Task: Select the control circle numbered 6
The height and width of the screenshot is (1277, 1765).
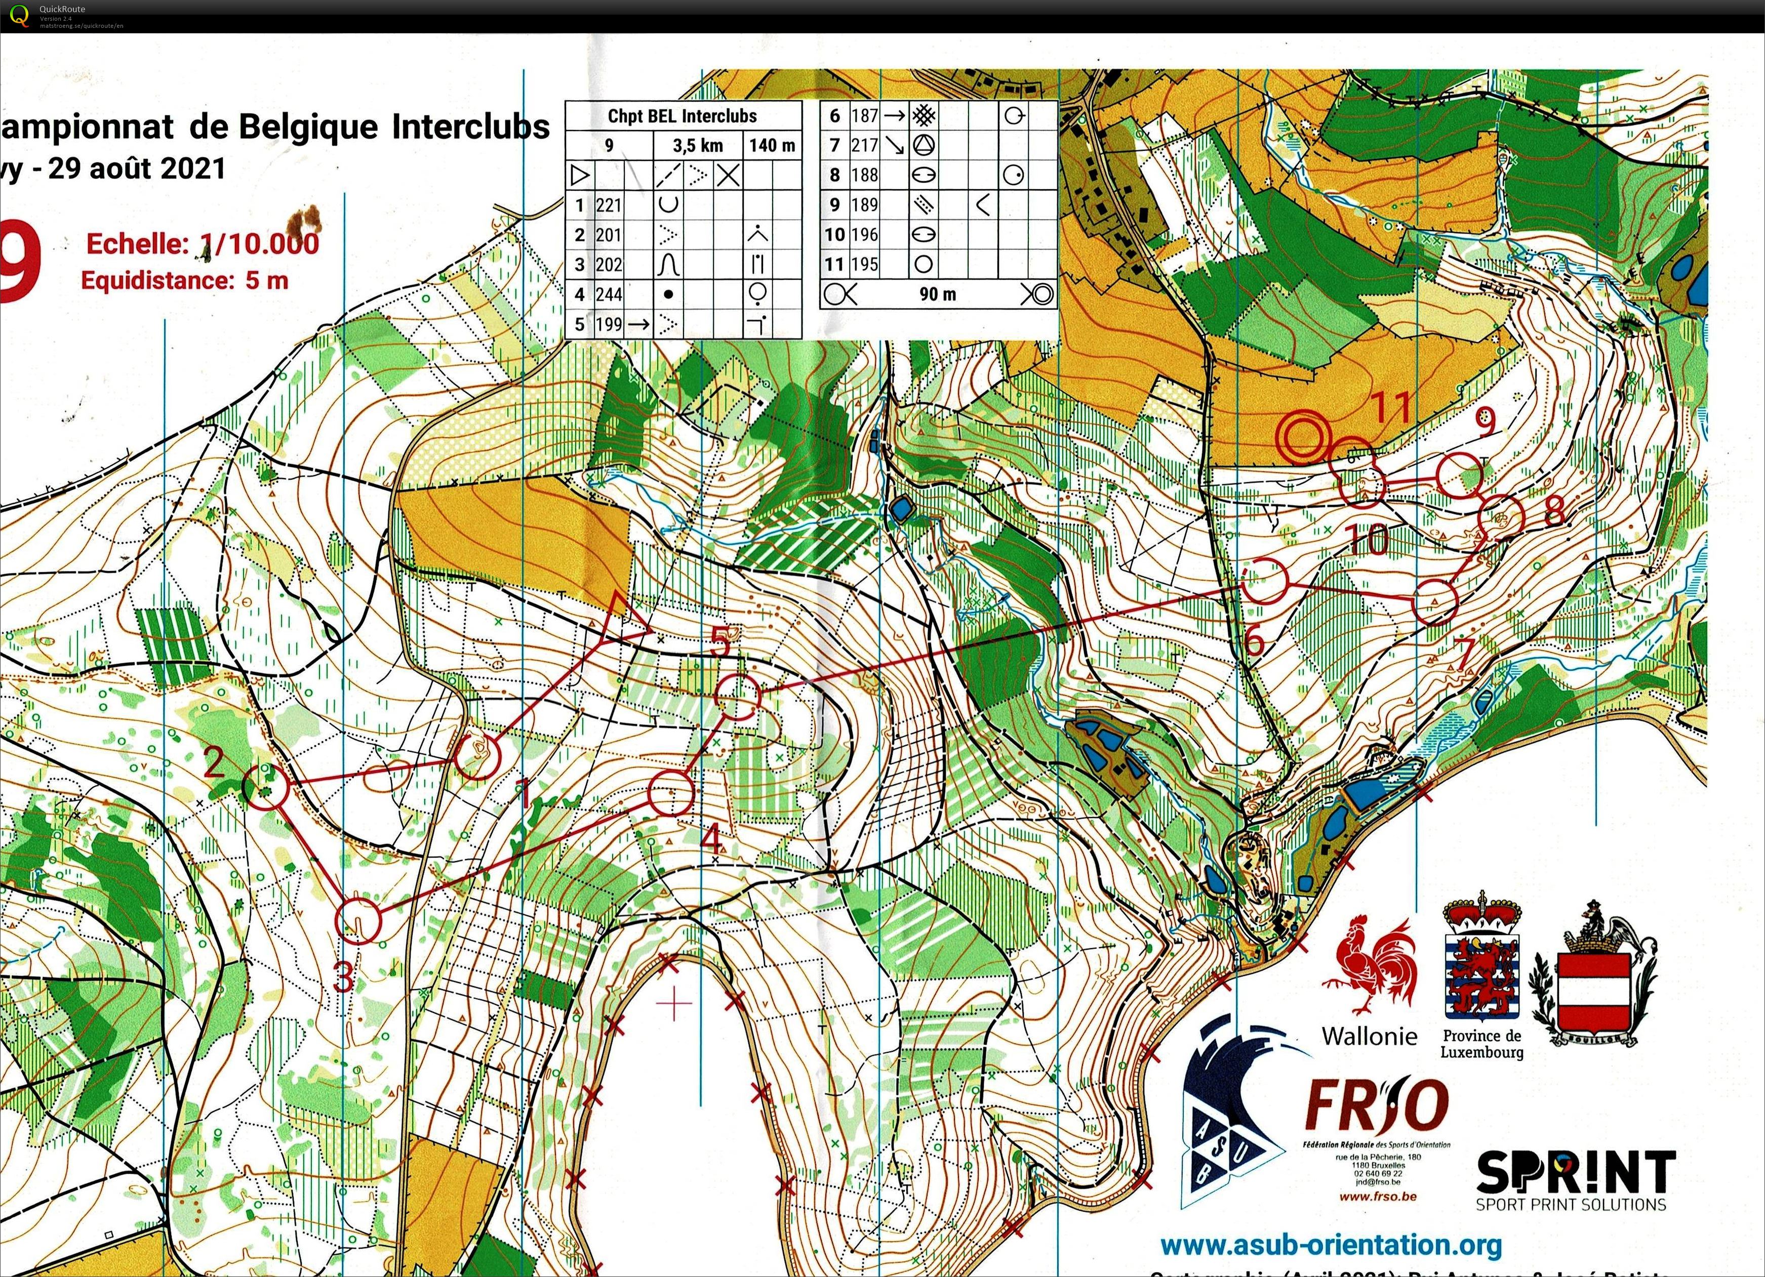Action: tap(1264, 580)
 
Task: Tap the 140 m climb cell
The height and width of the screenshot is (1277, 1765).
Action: tap(772, 145)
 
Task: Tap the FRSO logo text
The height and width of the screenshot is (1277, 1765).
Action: tap(1376, 1106)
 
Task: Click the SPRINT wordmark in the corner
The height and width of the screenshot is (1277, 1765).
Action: tap(1575, 1174)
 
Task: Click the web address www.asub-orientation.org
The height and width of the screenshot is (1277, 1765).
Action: tap(1331, 1244)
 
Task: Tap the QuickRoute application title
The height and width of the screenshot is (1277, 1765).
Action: tap(62, 9)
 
